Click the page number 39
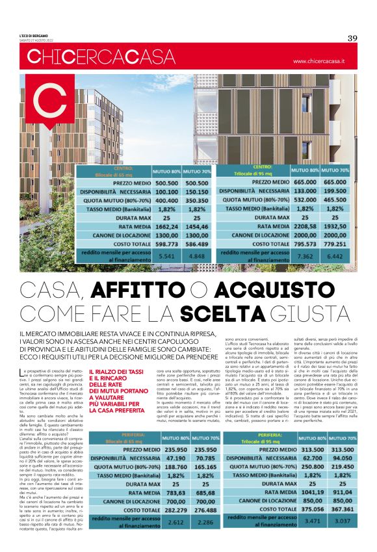click(x=353, y=38)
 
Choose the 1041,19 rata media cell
click(x=312, y=493)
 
